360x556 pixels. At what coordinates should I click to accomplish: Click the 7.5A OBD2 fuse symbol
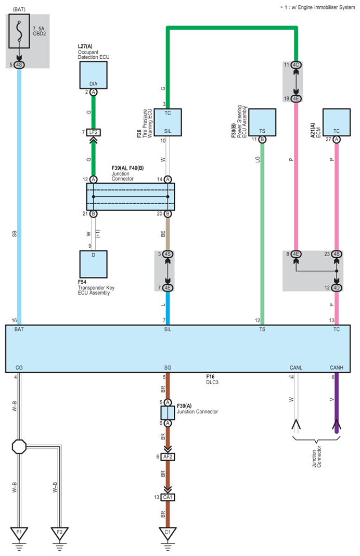19,31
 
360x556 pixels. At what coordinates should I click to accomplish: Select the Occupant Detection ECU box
93,75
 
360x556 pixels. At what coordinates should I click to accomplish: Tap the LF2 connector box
94,132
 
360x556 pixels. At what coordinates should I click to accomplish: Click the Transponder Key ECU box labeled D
93,264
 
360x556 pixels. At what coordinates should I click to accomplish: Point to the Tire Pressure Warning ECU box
168,122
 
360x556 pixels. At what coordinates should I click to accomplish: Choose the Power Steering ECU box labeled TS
262,122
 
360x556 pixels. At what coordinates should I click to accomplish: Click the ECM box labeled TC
337,122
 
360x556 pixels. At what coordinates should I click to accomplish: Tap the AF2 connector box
168,457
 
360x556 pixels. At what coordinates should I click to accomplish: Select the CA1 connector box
168,497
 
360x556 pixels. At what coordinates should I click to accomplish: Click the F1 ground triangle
19,533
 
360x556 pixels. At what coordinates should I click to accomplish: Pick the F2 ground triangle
59,533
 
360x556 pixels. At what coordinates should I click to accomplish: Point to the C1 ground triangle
168,533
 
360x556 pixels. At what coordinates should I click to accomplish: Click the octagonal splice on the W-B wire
19,447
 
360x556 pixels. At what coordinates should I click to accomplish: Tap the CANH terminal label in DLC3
337,368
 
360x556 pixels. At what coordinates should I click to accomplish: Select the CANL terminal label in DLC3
296,368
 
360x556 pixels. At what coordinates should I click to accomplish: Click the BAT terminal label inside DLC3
19,330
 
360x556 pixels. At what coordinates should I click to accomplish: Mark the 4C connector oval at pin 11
296,65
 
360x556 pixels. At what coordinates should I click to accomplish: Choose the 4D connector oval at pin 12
337,287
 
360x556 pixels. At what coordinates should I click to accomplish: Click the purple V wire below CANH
337,403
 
